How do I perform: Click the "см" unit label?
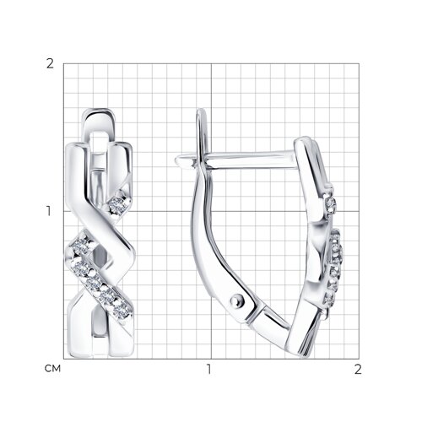52,369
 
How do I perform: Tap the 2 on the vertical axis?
50,64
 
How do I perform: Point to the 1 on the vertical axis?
49,211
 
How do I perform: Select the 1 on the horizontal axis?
208,369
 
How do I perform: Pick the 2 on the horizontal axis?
358,369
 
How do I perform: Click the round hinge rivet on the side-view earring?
237,300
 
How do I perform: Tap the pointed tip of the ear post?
177,160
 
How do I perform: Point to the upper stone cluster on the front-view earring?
118,204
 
